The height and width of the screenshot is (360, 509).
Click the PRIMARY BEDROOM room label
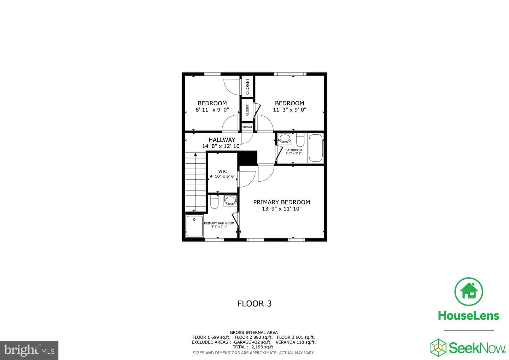coord(281,202)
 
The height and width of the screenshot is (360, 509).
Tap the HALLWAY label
coord(222,140)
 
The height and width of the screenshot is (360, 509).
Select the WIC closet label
coord(223,172)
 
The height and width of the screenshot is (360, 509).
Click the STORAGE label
coord(247,127)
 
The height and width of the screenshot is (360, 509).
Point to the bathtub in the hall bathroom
coord(316,148)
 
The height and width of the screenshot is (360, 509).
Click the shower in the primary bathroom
coord(194,226)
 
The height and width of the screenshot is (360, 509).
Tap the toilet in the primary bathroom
coord(214,202)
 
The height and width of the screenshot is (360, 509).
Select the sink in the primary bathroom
coord(230,201)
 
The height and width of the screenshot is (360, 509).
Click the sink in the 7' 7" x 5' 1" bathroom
coord(285,138)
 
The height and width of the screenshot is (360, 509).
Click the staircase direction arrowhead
coord(195,154)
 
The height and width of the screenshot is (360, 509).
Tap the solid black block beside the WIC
coord(247,157)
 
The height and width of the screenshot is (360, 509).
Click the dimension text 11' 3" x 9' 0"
coord(289,110)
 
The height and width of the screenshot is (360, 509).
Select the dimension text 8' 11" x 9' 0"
coord(212,110)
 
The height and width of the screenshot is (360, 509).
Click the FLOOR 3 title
coord(254,304)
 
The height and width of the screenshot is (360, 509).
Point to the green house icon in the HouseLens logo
coord(469,291)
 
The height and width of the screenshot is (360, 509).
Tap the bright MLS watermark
coord(29,350)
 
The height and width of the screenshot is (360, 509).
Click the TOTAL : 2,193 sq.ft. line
coord(253,347)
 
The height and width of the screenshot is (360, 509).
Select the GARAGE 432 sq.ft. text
coord(253,342)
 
